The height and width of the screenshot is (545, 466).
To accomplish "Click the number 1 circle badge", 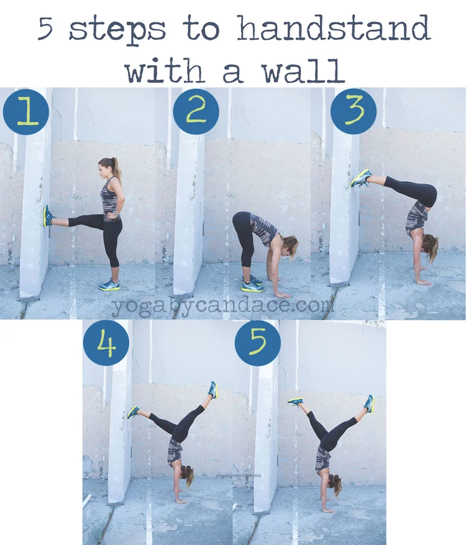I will [25, 112].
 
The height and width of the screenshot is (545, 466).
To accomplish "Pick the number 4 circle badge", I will [106, 343].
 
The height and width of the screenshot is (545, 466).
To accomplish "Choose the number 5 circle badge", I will [258, 343].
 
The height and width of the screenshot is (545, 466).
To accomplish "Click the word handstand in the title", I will [333, 30].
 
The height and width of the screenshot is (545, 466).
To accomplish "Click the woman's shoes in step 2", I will [252, 284].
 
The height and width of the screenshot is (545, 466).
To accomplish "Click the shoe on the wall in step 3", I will [361, 178].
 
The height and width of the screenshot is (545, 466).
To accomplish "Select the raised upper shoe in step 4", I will [213, 389].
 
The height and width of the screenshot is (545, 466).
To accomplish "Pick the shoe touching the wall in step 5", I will [296, 402].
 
